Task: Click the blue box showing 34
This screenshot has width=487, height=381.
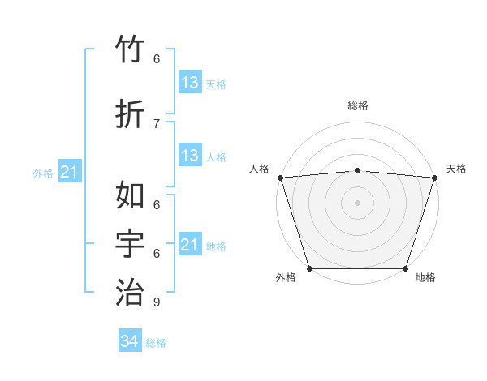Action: (129, 341)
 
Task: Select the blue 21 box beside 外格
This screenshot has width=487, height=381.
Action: (69, 172)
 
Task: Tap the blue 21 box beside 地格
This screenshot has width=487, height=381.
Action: (189, 245)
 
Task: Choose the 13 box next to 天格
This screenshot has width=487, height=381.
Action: (189, 83)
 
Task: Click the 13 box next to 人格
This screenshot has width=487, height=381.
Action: (189, 156)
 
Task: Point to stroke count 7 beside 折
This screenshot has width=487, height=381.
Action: (156, 123)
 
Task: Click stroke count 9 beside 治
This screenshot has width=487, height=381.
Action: (156, 302)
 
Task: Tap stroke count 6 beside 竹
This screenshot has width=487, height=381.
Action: (156, 59)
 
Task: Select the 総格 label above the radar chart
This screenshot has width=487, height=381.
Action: (357, 105)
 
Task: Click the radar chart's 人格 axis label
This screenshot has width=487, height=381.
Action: (260, 169)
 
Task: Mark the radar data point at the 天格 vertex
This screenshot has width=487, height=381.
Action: (434, 178)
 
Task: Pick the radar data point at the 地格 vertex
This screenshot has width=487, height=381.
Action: (405, 268)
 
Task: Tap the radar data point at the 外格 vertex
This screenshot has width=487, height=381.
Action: (309, 268)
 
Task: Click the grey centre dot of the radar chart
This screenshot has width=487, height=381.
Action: (357, 203)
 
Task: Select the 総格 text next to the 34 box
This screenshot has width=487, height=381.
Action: (156, 343)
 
